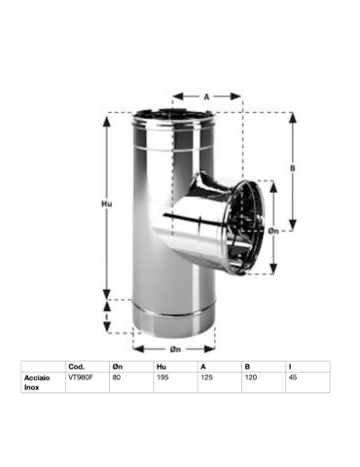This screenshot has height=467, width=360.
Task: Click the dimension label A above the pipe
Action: [206, 96]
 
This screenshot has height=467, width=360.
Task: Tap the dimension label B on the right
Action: [293, 168]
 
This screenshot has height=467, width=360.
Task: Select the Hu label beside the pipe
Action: [107, 203]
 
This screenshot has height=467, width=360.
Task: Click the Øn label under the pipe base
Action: [175, 349]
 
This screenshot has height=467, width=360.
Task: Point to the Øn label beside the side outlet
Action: [273, 231]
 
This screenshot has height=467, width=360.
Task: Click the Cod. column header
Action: [77, 367]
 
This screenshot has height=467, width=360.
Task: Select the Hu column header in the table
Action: [162, 367]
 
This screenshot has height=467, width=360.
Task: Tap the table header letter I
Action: [290, 367]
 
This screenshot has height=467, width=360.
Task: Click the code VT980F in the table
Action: [81, 377]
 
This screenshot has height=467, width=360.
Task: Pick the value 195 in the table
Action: [162, 377]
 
